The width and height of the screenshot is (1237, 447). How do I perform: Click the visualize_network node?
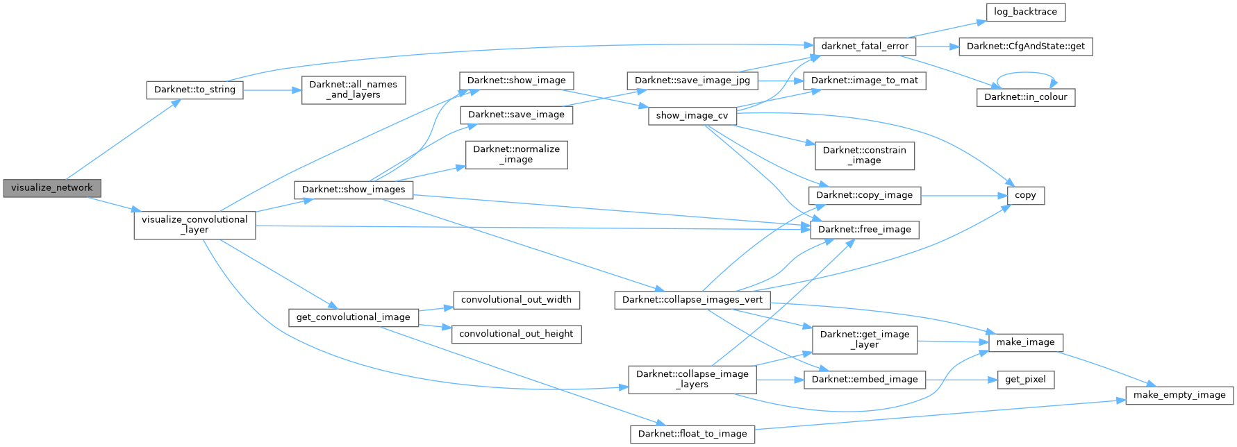click(51, 188)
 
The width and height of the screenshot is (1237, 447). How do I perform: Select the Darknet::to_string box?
click(194, 90)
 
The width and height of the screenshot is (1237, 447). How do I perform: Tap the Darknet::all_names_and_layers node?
click(353, 90)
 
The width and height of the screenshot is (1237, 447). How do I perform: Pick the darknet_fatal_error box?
click(865, 47)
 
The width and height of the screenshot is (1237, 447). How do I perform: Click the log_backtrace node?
click(1025, 12)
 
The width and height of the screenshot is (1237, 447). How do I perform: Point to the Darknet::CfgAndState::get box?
click(1025, 47)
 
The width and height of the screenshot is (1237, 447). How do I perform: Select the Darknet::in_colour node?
click(1025, 97)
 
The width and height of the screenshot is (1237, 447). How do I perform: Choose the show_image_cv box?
click(692, 116)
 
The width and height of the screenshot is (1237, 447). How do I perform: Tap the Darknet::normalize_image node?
click(516, 154)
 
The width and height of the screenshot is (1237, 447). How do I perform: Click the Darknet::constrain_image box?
click(864, 155)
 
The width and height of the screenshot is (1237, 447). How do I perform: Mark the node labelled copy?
click(1025, 196)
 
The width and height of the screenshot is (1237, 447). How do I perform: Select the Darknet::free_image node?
click(864, 230)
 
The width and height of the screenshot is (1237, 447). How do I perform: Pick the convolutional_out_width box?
click(516, 300)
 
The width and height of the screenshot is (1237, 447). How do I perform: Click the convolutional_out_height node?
click(516, 334)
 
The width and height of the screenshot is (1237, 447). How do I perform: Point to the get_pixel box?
click(1025, 380)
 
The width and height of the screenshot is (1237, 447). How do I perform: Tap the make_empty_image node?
click(1179, 396)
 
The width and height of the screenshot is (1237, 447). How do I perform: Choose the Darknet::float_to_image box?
click(692, 435)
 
